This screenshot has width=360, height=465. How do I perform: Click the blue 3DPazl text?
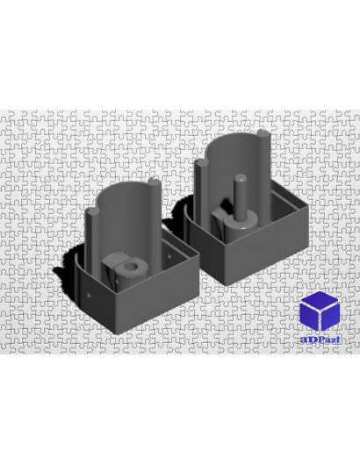[x=320, y=340]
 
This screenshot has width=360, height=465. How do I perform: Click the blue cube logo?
[x=320, y=311]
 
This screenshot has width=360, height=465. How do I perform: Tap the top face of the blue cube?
[x=320, y=300]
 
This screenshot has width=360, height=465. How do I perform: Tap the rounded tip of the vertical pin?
[x=240, y=177]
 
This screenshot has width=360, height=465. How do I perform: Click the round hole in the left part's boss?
[x=130, y=266]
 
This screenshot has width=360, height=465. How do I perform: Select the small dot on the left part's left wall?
[x=89, y=295]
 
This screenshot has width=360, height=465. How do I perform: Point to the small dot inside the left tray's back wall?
[x=169, y=256]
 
